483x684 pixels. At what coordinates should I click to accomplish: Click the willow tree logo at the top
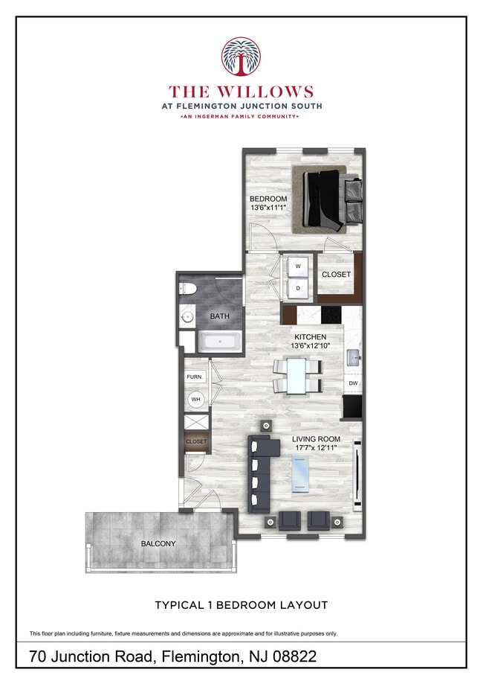(x=241, y=57)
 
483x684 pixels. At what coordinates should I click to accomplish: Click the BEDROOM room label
(x=268, y=199)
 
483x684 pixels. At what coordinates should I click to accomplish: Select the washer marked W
(x=298, y=266)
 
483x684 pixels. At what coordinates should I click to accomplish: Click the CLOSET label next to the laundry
(x=336, y=275)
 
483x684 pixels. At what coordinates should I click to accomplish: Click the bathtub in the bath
(x=218, y=342)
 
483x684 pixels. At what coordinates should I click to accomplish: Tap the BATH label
(x=219, y=316)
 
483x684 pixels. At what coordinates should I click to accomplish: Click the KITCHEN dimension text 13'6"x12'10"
(x=310, y=346)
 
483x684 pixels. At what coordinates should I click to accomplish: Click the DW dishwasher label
(x=353, y=383)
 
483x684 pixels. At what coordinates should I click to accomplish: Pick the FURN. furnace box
(x=195, y=377)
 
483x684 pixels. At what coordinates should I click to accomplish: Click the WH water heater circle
(x=196, y=400)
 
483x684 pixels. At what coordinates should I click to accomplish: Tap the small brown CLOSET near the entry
(x=197, y=441)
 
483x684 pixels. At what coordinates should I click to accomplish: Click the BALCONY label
(x=158, y=543)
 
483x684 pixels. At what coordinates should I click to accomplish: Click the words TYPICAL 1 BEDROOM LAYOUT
(x=241, y=605)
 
